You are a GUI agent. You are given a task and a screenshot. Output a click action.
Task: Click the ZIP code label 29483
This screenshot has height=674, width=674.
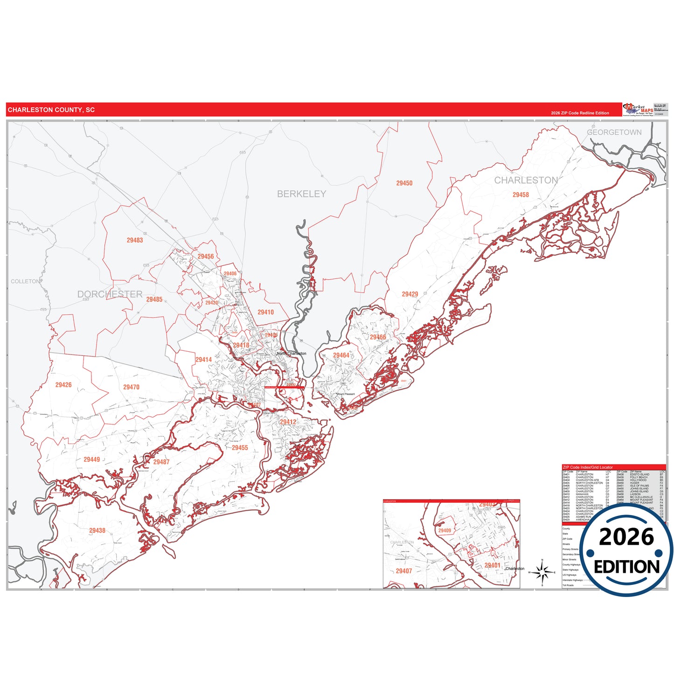coord(135,240)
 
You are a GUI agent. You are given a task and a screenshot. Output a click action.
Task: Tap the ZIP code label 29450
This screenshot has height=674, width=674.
coord(404,183)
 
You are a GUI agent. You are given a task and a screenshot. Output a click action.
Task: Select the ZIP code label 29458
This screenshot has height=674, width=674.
coord(521,195)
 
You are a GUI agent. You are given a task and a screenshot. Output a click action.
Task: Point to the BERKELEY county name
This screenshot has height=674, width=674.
coord(301,194)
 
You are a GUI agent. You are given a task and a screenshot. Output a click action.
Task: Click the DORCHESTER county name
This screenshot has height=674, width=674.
coord(110,294)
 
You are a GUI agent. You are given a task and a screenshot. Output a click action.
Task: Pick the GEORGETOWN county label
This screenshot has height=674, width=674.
coord(614,132)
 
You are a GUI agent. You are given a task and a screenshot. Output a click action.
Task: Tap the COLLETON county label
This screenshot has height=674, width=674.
coord(26,281)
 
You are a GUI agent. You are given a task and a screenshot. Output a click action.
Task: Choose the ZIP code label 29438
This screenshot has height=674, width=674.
coord(97,530)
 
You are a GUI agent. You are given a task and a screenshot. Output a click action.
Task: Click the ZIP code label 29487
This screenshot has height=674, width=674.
coord(161,462)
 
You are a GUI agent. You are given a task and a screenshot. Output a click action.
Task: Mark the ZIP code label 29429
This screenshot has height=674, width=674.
coord(410,294)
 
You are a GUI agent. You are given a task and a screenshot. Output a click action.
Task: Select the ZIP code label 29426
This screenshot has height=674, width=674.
coord(63,385)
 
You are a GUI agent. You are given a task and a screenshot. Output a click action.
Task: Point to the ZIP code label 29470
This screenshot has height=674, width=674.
coord(131,387)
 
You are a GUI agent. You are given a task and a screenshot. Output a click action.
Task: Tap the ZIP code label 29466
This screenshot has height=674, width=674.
coord(378,337)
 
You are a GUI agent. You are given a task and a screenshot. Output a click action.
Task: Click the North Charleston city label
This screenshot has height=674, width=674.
coord(292,354)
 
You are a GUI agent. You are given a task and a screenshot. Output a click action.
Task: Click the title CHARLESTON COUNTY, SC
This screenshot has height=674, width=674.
coord(51,110)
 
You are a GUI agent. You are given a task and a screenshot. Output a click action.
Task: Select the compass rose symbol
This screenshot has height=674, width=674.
coord(542,572)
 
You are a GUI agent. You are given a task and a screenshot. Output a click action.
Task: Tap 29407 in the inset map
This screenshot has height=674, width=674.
coord(404,571)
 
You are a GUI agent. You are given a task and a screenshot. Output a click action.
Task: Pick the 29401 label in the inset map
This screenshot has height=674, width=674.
coord(492,565)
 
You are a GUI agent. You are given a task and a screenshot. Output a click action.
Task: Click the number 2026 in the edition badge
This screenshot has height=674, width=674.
coord(626,537)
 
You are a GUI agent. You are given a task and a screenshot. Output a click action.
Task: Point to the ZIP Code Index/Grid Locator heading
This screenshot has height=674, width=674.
coord(588,467)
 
